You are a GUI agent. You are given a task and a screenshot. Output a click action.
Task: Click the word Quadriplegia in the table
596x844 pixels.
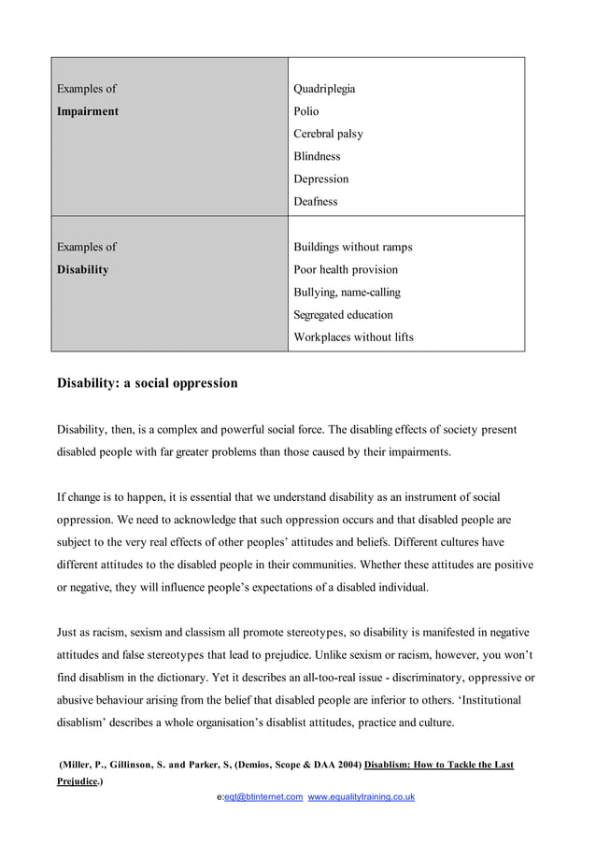[324, 89]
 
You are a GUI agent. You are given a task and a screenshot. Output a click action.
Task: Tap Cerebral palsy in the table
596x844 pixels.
[328, 134]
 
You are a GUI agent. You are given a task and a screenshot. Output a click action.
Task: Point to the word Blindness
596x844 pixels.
[317, 156]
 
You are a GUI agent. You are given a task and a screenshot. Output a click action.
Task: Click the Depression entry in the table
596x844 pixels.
[320, 179]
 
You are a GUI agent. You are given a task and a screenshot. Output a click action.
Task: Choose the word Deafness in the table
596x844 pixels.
[315, 201]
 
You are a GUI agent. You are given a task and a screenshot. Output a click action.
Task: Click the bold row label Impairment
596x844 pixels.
[88, 111]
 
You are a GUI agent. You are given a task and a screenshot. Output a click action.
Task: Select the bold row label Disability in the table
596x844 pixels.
[82, 269]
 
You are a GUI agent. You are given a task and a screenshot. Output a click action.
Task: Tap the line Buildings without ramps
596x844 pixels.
[352, 247]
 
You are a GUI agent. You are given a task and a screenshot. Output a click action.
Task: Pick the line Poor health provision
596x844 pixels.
[345, 269]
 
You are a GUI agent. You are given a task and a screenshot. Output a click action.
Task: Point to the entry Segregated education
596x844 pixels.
[343, 315]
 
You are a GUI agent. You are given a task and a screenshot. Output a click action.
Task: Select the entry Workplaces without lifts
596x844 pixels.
[353, 337]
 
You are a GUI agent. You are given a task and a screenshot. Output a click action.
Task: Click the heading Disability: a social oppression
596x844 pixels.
[148, 383]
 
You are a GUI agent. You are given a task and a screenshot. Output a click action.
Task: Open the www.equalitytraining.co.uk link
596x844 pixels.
[361, 796]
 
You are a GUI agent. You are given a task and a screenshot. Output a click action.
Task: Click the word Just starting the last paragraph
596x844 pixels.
[69, 633]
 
